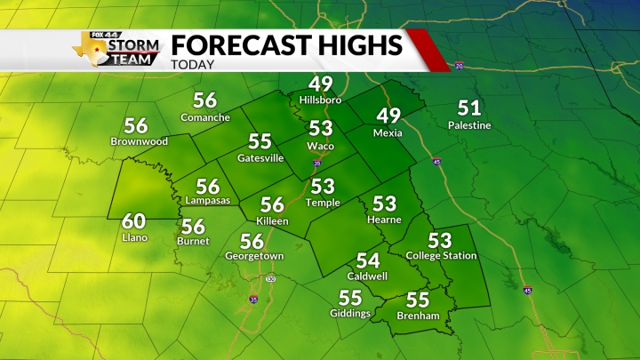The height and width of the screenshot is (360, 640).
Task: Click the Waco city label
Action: click(320, 145)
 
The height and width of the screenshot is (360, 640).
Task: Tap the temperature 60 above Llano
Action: click(133, 221)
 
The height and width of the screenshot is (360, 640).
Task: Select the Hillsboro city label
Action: click(320, 100)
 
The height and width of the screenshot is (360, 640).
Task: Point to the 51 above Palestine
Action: click(469, 108)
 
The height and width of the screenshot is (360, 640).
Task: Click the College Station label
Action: click(441, 256)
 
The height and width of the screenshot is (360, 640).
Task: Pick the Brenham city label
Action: click(418, 315)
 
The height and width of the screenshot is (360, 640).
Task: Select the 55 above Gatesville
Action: click(260, 142)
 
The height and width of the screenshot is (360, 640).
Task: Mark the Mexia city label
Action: click(388, 133)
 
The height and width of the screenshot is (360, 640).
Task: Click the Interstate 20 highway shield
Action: click(459, 66)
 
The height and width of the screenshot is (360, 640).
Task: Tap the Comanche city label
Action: click(205, 117)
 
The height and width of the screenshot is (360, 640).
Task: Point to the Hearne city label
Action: click(384, 220)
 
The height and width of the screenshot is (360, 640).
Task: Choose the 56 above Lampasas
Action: click(207, 186)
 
